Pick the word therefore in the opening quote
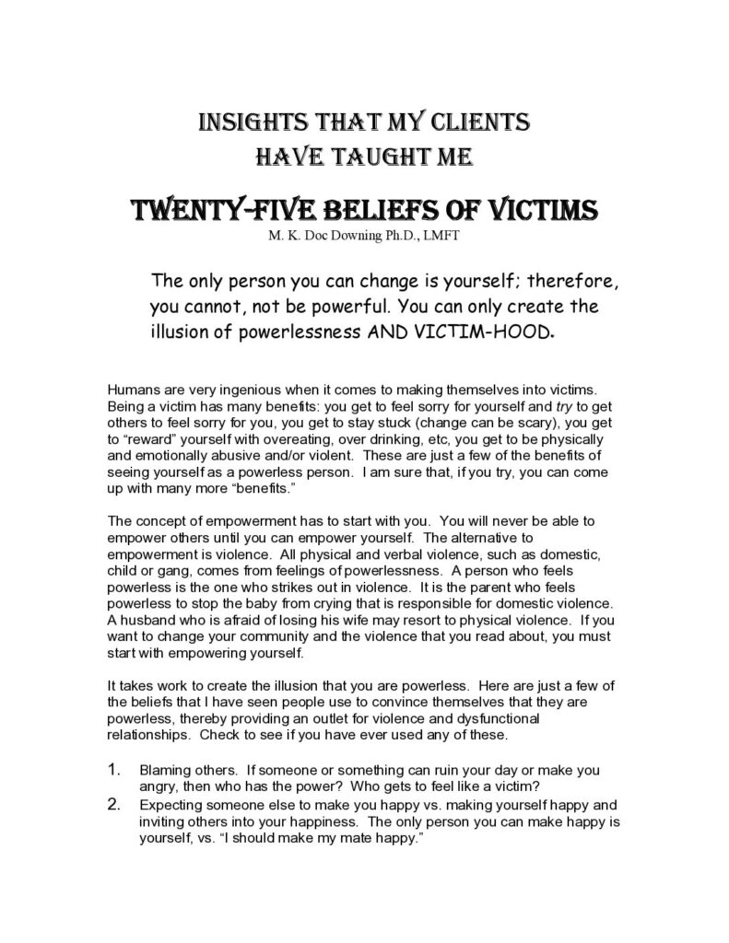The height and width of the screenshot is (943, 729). tap(538, 281)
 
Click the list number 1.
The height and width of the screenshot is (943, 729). tap(114, 769)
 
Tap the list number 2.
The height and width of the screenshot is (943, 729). tap(114, 803)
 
